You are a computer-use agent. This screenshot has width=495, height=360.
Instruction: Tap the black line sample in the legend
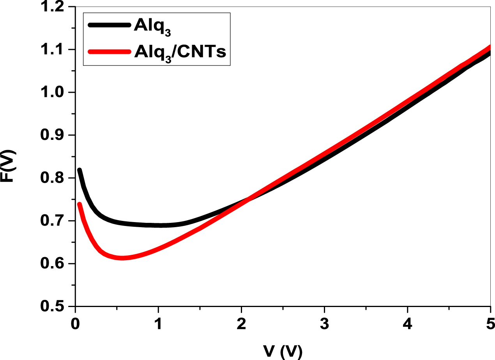tap(110, 25)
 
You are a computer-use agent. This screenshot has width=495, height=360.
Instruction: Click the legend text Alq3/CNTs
tap(180, 53)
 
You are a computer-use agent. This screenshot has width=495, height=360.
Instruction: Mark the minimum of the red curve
tap(122, 258)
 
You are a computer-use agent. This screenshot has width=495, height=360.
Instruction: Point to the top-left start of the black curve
tap(80, 170)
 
